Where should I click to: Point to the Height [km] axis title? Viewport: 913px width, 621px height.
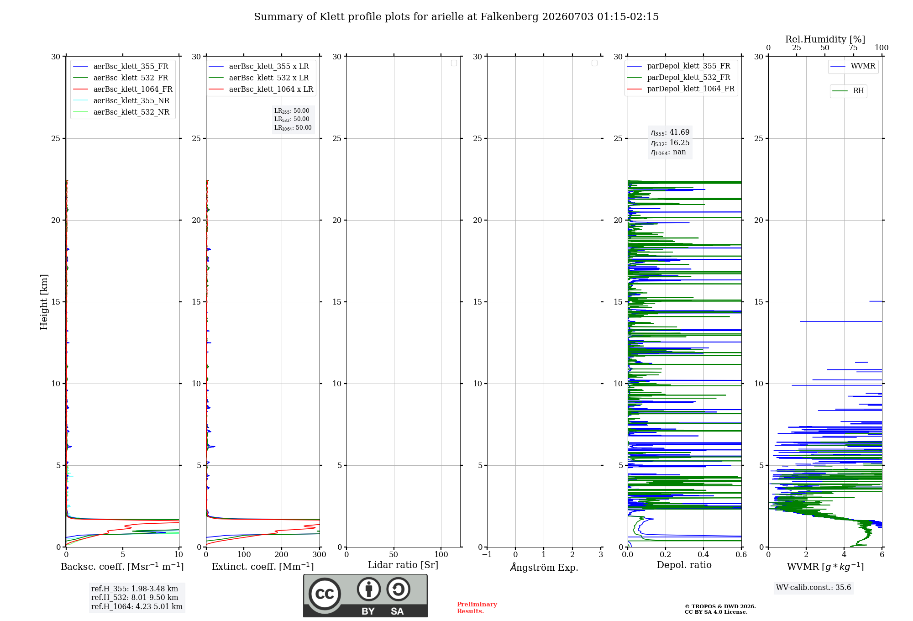pyautogui.click(x=44, y=302)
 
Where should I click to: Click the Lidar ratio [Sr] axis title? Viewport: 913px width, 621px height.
pyautogui.click(x=403, y=565)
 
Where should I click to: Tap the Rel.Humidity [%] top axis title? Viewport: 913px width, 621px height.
pyautogui.click(x=825, y=39)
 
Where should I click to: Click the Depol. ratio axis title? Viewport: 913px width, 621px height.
pyautogui.click(x=684, y=565)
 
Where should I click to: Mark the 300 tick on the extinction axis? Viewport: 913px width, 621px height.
pyautogui.click(x=320, y=554)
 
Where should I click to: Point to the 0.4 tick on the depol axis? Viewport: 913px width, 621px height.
pyautogui.click(x=703, y=554)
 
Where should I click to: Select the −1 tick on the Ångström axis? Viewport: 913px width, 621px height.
pyautogui.click(x=487, y=554)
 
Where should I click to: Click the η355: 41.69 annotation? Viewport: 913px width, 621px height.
pyautogui.click(x=670, y=132)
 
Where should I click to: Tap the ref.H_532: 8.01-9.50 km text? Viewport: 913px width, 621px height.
pyautogui.click(x=135, y=597)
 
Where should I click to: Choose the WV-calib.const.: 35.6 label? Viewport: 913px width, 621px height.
pyautogui.click(x=813, y=587)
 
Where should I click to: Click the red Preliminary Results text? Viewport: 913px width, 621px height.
pyautogui.click(x=477, y=608)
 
